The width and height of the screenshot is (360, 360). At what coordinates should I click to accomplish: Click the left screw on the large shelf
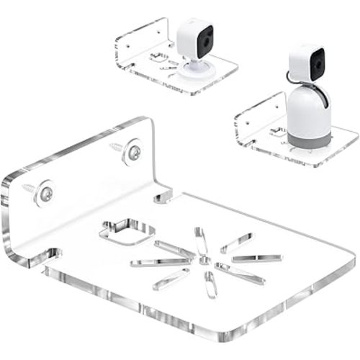[x=45, y=192]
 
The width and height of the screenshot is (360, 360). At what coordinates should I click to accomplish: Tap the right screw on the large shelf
[x=134, y=151]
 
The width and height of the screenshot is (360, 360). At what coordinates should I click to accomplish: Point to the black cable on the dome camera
[x=290, y=74]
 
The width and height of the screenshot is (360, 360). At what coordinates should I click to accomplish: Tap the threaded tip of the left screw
[x=26, y=186]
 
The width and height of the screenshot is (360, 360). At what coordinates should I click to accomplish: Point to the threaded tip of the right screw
[x=114, y=146]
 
